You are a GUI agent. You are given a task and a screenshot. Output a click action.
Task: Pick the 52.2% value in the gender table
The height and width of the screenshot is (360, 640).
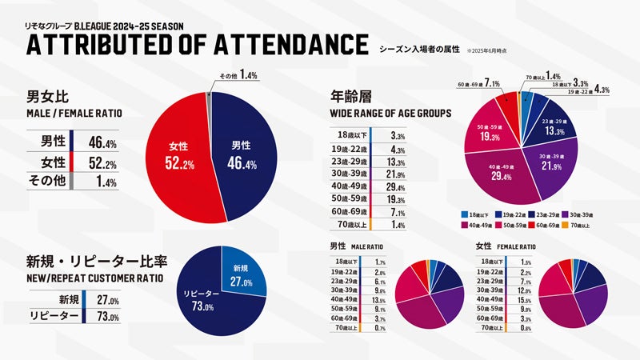(103, 163)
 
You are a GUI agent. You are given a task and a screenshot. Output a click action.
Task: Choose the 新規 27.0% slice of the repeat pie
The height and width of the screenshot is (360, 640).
(241, 276)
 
